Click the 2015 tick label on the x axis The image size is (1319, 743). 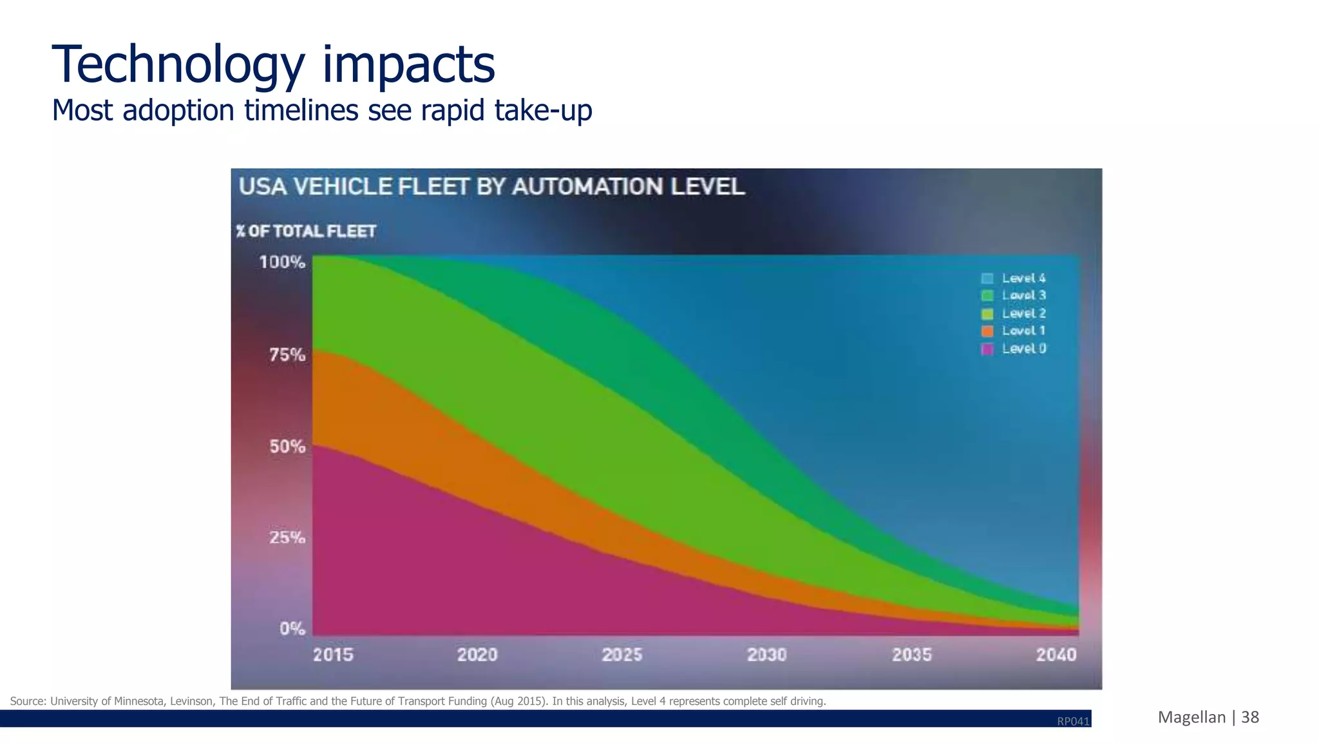333,655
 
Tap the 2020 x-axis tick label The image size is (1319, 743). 477,655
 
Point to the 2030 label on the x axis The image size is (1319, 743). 766,655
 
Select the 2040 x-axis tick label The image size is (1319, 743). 1056,655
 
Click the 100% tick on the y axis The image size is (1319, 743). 282,262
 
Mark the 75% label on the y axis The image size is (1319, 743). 287,355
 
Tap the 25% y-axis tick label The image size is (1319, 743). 287,537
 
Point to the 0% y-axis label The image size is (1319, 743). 292,628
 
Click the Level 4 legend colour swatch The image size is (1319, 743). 987,278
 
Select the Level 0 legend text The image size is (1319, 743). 1023,349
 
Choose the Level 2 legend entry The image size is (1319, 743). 1023,313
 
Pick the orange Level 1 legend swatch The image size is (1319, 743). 987,331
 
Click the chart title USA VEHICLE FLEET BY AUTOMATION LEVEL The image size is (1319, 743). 491,187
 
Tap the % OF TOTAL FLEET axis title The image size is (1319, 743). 306,231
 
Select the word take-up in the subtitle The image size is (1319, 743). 543,110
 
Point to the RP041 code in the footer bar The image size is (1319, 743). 1073,721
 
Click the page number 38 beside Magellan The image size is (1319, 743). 1250,717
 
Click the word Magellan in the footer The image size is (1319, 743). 1191,717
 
